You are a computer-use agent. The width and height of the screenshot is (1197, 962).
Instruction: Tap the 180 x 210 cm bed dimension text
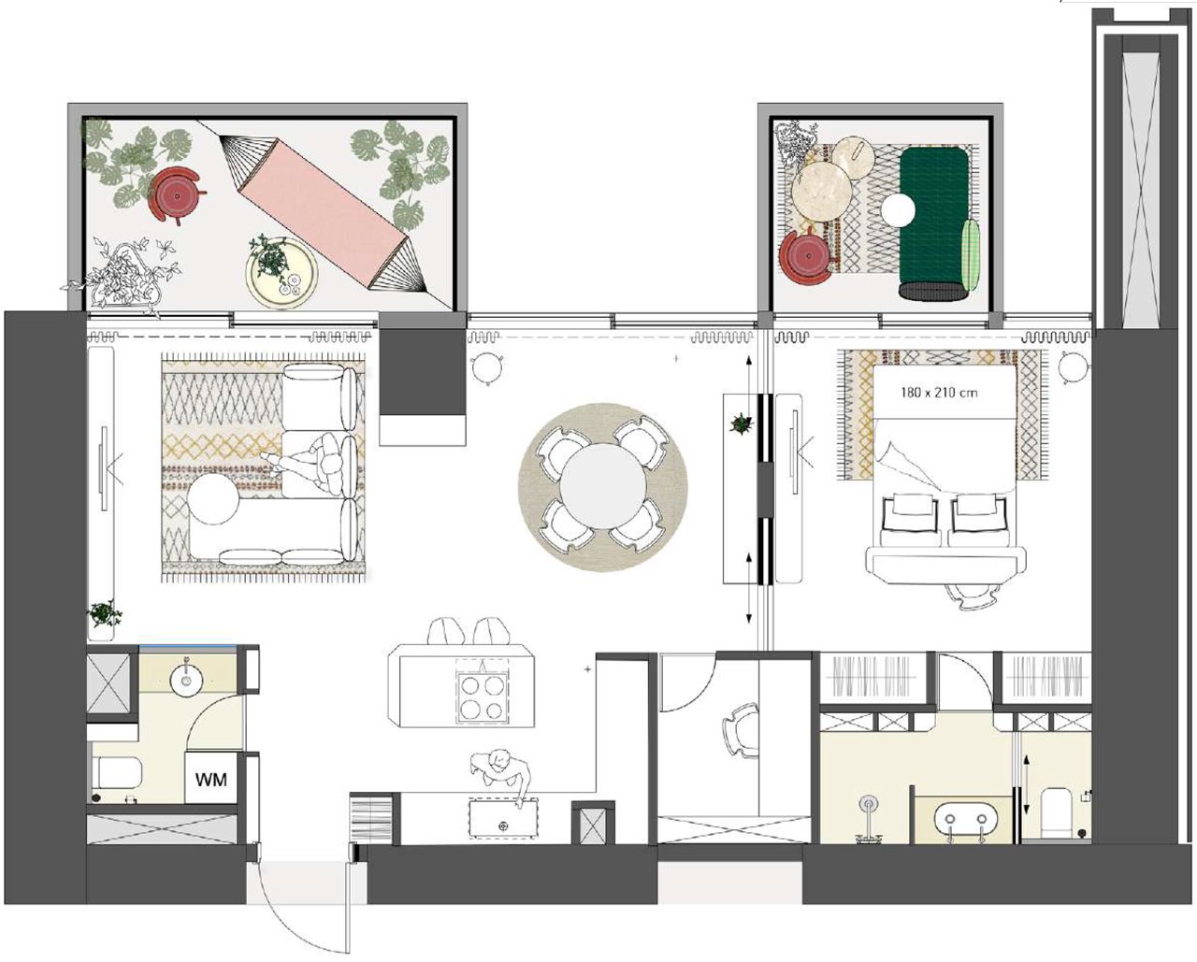pos(938,392)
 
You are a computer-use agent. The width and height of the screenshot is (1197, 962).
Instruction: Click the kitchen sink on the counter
pos(504,826)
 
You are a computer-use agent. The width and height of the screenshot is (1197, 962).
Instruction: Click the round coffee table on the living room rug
pos(213,498)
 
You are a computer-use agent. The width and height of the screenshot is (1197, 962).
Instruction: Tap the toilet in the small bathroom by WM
pos(116,772)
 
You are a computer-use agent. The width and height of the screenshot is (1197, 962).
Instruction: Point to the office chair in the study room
pos(741,729)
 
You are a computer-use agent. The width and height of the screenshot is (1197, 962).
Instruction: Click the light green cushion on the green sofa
pos(971,254)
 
